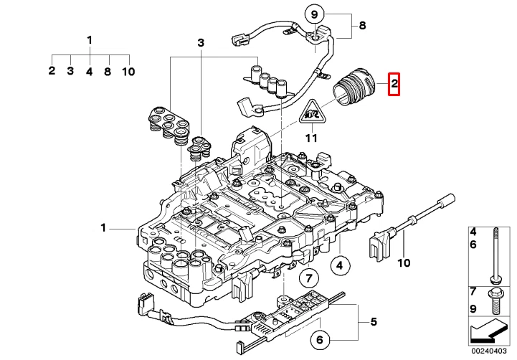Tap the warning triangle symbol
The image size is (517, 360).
click(310, 112)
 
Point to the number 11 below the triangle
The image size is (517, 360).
click(310, 138)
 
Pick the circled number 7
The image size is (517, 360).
click(306, 278)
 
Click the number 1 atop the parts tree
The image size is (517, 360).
click(90, 39)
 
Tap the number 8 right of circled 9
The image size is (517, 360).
click(362, 27)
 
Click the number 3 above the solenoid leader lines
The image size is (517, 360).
click(201, 44)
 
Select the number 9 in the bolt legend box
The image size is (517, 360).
click(473, 308)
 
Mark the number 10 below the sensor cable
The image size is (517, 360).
click(404, 262)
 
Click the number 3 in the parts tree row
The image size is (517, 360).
click(70, 71)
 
